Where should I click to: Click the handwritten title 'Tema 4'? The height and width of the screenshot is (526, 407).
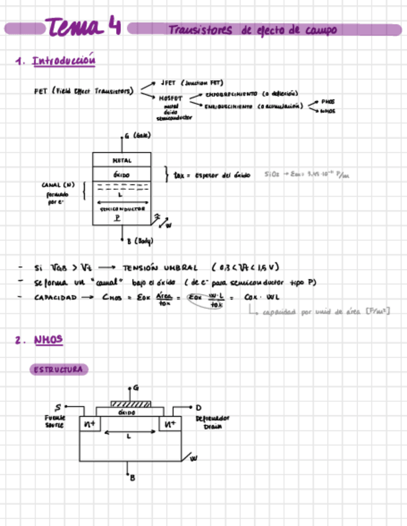click(x=83, y=27)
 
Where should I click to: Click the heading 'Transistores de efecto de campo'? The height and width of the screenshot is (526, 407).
click(x=252, y=30)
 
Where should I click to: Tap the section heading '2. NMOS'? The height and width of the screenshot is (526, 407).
click(x=40, y=339)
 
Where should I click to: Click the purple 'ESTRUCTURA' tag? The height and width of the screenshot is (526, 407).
click(x=59, y=370)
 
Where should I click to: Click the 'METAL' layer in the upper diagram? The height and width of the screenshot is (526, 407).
click(x=122, y=160)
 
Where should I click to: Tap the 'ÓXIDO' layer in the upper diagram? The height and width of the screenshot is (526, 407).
click(x=122, y=175)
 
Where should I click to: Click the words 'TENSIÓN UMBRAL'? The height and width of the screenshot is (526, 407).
click(x=161, y=268)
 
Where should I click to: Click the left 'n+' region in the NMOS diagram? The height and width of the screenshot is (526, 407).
click(x=89, y=424)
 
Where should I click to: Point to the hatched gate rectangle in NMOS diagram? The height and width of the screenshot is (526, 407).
click(x=131, y=404)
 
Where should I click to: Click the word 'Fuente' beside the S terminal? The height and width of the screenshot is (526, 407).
click(x=55, y=417)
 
